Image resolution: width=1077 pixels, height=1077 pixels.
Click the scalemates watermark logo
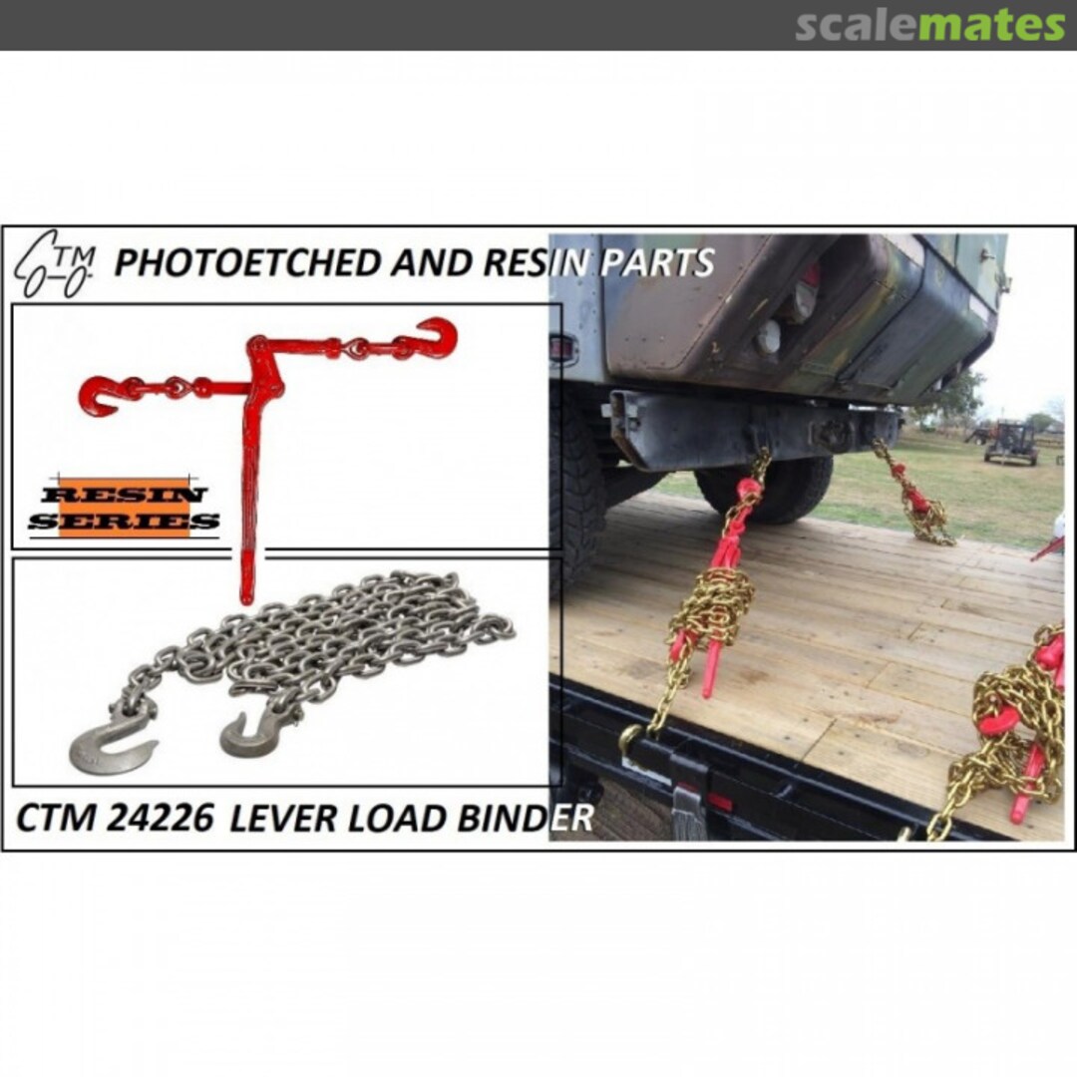(x=929, y=24)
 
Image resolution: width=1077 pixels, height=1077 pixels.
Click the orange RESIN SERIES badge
(x=124, y=507)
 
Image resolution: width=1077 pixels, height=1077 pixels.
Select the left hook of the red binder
(x=99, y=394)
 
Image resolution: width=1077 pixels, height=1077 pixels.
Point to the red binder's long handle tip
(x=245, y=593)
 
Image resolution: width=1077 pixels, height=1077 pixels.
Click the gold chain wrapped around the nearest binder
(x=712, y=608)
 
